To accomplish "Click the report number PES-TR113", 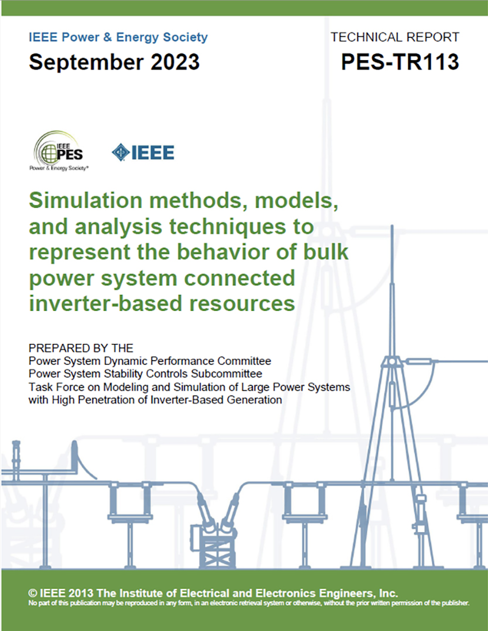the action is tap(400, 62).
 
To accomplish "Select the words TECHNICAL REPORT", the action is tap(395, 37).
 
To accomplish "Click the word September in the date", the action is tap(86, 63).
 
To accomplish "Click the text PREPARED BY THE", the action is tap(81, 348).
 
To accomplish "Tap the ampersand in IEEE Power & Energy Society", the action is tap(107, 38).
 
